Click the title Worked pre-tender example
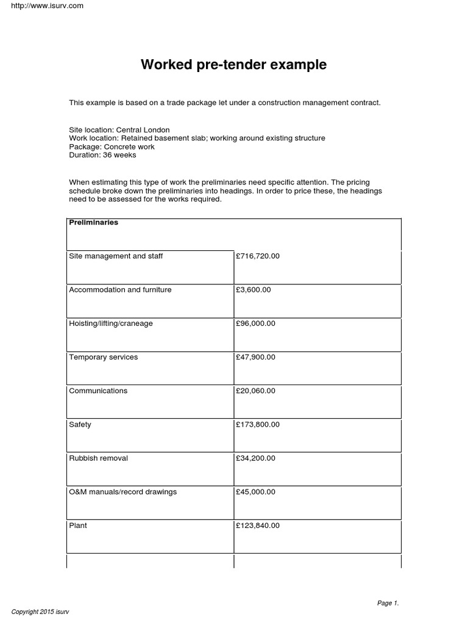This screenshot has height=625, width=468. (x=233, y=65)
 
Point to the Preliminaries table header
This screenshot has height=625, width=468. (x=94, y=223)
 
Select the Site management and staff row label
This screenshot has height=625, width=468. (x=116, y=256)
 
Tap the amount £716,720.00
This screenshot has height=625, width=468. (x=257, y=256)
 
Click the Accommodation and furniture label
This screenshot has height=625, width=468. (x=120, y=290)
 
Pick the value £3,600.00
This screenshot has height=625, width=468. (x=253, y=290)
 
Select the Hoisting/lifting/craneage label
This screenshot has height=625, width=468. (x=111, y=323)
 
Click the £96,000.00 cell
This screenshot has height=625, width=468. (x=255, y=323)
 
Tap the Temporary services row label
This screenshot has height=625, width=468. (x=104, y=357)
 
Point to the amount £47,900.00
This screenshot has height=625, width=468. (x=255, y=357)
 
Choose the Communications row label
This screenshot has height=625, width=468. (x=98, y=391)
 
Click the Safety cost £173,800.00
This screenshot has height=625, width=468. (x=257, y=424)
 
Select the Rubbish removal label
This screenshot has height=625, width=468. (x=99, y=458)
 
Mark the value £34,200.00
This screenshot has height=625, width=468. (x=255, y=458)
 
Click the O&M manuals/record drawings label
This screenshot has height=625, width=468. (x=123, y=492)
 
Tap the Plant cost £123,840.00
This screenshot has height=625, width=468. (x=257, y=526)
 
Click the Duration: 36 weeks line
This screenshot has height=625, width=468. (x=102, y=155)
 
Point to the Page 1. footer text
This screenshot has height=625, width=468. (x=388, y=603)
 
